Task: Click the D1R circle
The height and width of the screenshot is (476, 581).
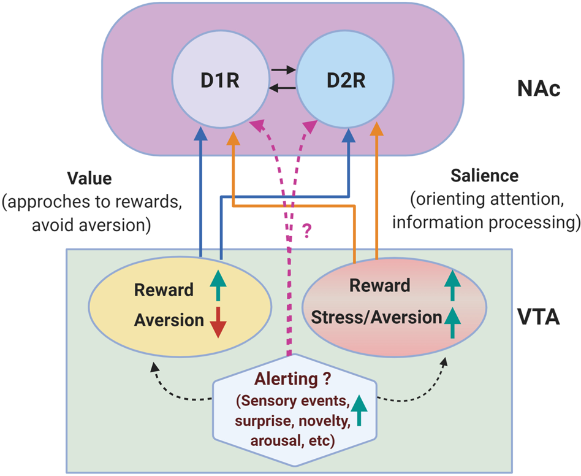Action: click(219, 81)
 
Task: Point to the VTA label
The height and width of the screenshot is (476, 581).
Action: click(537, 319)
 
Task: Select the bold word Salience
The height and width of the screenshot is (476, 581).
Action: click(484, 175)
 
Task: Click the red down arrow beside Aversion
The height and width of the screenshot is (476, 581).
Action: click(218, 320)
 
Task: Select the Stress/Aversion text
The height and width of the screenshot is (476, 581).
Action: click(376, 317)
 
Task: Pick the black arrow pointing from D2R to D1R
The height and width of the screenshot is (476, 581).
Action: click(283, 88)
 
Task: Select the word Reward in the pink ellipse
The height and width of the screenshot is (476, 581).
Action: click(379, 285)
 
